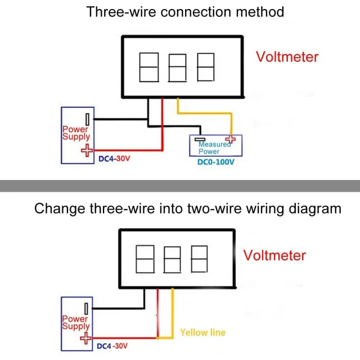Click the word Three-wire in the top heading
pos(117,12)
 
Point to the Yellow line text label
pos(202,332)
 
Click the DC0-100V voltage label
pos(215,163)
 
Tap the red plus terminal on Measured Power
pos(230,139)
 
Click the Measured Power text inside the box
pos(214,148)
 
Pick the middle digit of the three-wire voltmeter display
pos(178,66)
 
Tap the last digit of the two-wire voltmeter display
pos(199,259)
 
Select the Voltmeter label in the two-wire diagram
pos(274,255)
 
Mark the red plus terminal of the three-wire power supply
pos(86,150)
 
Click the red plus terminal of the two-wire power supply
pos(85,338)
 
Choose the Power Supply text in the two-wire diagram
pos(75,322)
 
